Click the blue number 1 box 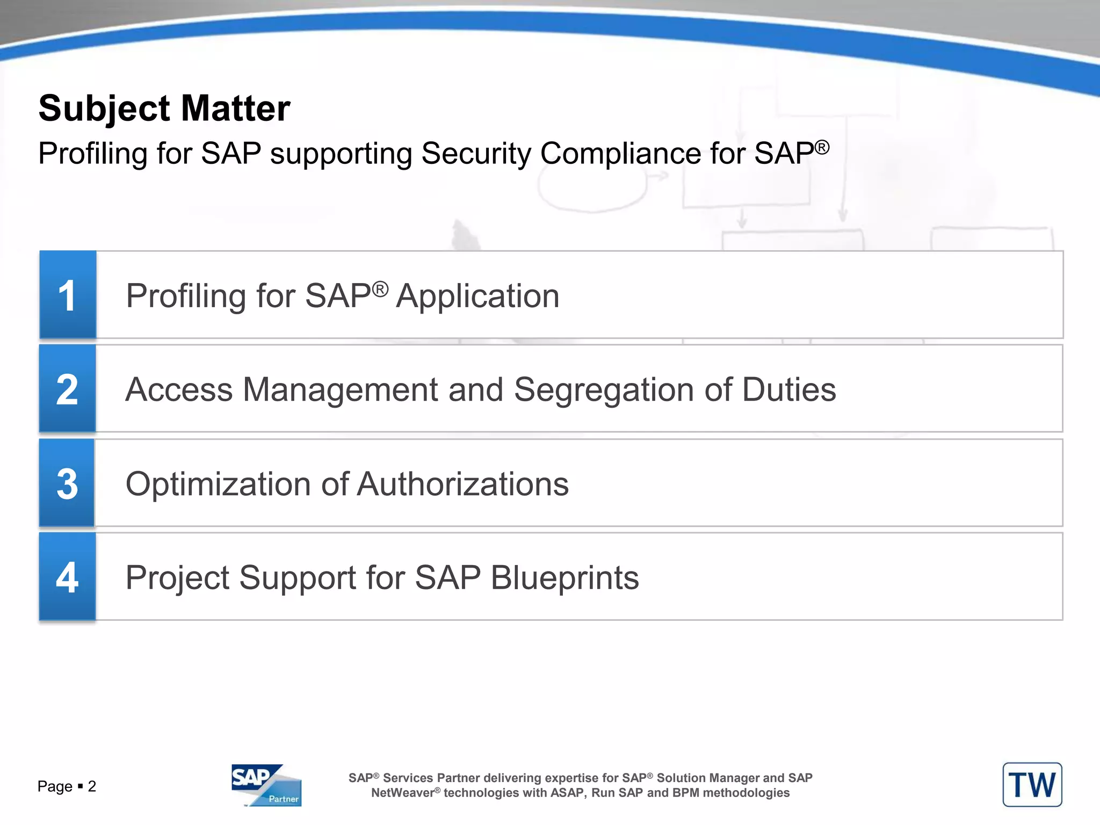[68, 295]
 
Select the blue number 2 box [68, 389]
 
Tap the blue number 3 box [67, 483]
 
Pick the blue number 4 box [68, 577]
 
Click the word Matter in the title [235, 108]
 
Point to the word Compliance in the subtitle [620, 154]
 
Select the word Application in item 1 [477, 296]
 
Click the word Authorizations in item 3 [462, 484]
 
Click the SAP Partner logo [266, 785]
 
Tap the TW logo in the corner [1032, 785]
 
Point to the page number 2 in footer [92, 787]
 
